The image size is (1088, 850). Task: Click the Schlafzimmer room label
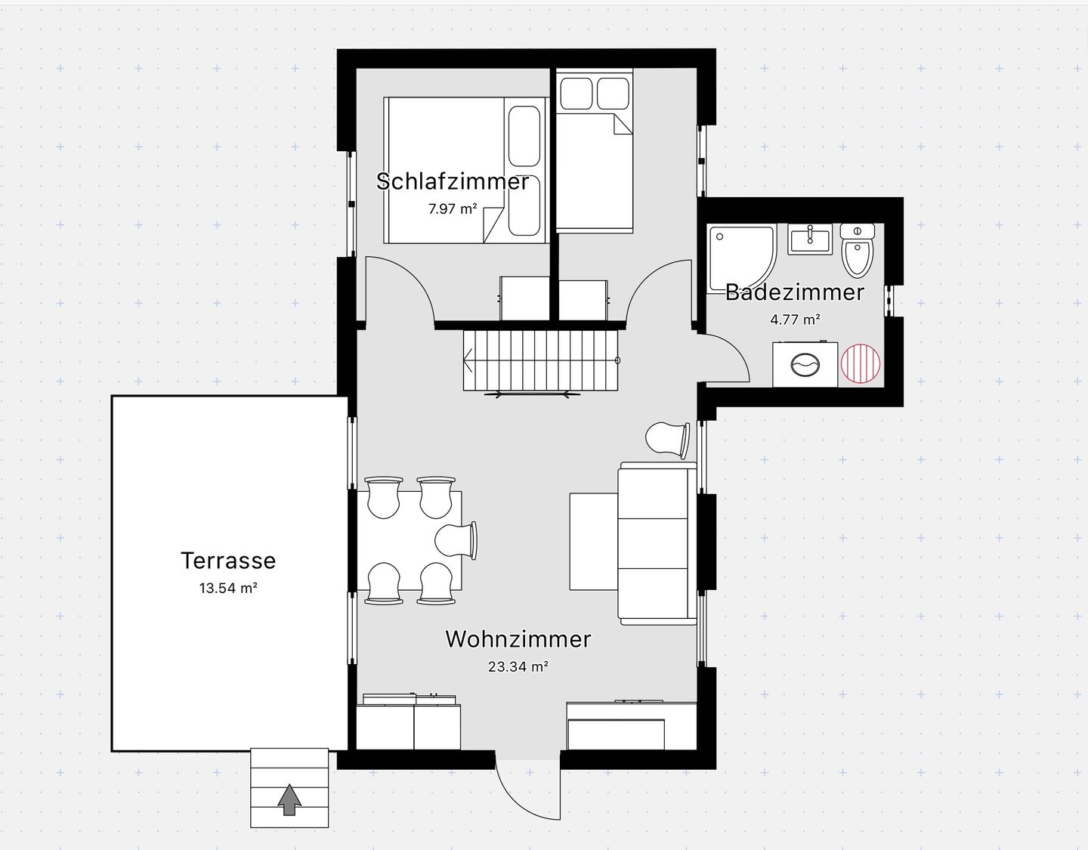point(452,181)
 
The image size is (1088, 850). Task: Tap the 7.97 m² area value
point(452,209)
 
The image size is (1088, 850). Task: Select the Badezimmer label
point(795,292)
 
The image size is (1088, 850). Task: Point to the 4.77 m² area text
point(795,320)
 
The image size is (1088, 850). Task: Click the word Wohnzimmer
point(518,639)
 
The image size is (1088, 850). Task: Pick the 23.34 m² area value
point(518,667)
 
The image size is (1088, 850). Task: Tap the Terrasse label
point(228,561)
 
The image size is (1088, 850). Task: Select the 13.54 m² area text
point(228,588)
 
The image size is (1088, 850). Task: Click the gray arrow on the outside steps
point(289,800)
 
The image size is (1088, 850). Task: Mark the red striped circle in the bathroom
point(860,363)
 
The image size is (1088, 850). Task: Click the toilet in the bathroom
point(858,250)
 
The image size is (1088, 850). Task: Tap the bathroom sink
point(810,240)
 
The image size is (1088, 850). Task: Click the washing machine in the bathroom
point(805,364)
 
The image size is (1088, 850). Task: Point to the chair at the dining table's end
point(456,541)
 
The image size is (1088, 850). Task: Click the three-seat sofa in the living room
point(657,544)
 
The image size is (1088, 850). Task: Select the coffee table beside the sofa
point(594,541)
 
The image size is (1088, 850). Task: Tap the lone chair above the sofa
point(668,440)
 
